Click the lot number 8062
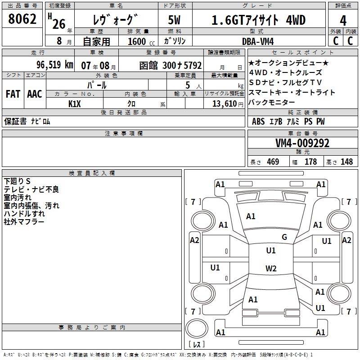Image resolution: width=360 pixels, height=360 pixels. click(x=22, y=20)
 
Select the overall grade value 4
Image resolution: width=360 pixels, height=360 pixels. click(x=343, y=20)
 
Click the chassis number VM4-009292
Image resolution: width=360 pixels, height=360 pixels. click(x=302, y=143)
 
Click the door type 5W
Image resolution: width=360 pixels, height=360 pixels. click(x=174, y=20)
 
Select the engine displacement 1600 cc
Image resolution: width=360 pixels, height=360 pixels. click(x=139, y=41)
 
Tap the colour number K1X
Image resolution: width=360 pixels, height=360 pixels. click(x=75, y=103)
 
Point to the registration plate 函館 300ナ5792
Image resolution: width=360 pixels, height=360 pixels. click(x=170, y=65)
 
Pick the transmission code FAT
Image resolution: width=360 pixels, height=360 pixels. click(x=13, y=94)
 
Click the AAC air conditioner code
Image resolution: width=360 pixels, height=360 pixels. click(x=35, y=94)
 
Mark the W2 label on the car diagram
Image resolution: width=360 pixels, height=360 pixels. click(x=271, y=269)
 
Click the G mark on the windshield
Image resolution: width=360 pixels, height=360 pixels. click(x=284, y=237)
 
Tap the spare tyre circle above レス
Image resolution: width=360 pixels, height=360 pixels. click(x=196, y=328)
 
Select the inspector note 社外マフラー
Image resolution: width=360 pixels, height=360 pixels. click(x=24, y=222)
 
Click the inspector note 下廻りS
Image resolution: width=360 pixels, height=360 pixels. click(x=17, y=181)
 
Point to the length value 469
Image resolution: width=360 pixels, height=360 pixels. click(x=272, y=162)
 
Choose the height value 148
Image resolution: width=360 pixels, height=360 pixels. click(x=346, y=162)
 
